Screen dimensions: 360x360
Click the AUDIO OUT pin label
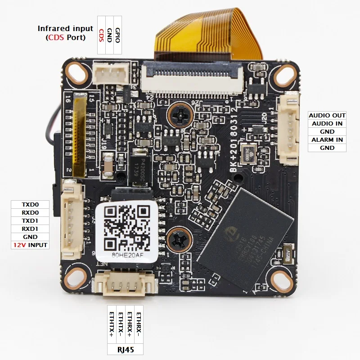point(327,116)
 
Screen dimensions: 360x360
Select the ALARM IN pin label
point(327,139)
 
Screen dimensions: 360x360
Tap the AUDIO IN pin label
point(327,123)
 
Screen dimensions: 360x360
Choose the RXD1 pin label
point(30,229)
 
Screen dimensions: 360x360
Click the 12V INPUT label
point(30,245)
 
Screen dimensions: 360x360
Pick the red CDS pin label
point(102,35)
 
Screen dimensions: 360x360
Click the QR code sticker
point(126,228)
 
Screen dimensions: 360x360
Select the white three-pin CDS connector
point(110,72)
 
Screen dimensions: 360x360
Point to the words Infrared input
point(65,29)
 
